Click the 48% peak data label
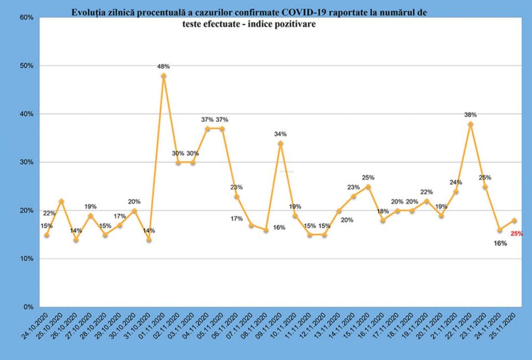click(x=163, y=66)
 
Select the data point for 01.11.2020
click(x=163, y=76)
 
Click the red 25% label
click(x=517, y=234)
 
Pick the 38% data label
click(x=470, y=115)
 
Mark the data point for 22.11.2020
click(x=470, y=124)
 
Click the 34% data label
click(x=280, y=134)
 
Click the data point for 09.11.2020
click(x=280, y=143)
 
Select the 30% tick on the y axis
click(x=27, y=162)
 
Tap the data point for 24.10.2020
click(x=47, y=235)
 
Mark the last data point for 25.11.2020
click(x=514, y=220)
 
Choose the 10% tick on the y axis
click(x=27, y=259)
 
